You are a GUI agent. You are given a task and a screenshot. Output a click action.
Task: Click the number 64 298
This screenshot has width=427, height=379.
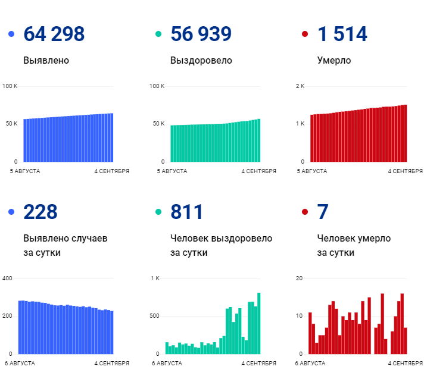tap(54, 34)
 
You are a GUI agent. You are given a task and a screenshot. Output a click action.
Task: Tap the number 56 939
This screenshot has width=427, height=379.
tap(201, 34)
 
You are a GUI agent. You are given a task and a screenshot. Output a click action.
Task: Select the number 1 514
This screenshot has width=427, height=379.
tap(342, 34)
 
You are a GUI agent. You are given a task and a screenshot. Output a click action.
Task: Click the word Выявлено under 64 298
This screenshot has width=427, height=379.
tap(46, 61)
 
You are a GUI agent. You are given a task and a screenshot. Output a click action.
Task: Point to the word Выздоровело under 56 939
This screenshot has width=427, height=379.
tap(201, 61)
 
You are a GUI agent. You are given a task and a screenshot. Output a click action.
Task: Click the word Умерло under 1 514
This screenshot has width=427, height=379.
tap(334, 61)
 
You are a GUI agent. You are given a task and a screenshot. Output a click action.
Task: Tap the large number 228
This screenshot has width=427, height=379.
tap(40, 211)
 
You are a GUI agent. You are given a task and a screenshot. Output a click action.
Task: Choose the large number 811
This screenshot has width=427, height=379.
tap(186, 211)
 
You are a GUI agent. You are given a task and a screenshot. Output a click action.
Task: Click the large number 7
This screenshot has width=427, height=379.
tap(323, 211)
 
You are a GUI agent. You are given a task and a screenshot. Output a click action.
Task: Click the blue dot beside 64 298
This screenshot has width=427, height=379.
tap(11, 35)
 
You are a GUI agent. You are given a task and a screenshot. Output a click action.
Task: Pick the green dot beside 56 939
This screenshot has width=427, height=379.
tap(158, 35)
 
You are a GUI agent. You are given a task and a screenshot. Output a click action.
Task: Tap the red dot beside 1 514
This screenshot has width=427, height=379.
tap(306, 35)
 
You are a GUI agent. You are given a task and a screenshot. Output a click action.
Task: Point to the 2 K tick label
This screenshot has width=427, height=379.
tap(300, 86)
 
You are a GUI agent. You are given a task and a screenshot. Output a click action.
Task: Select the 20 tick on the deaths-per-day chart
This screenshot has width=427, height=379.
tap(300, 278)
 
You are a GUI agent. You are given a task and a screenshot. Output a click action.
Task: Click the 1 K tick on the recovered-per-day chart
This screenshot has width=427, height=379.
tap(155, 278)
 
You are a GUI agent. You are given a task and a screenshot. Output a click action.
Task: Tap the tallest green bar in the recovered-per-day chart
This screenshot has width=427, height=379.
tap(259, 322)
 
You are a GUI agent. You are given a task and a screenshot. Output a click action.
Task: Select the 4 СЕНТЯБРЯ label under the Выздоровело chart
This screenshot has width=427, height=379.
tap(258, 171)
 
